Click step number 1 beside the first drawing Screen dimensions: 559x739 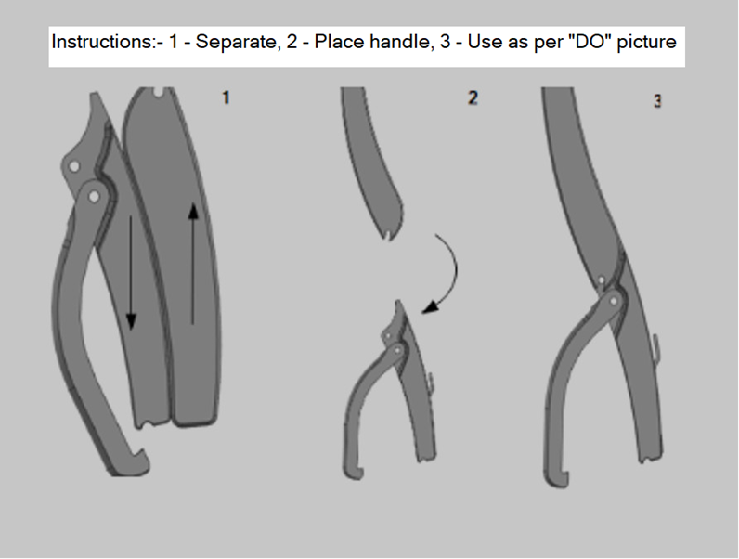(x=226, y=97)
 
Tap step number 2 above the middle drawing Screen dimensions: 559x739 (x=473, y=97)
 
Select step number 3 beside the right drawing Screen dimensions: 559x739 (x=657, y=101)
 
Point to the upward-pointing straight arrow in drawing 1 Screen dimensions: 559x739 (x=193, y=264)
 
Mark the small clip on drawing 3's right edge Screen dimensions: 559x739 (x=656, y=348)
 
